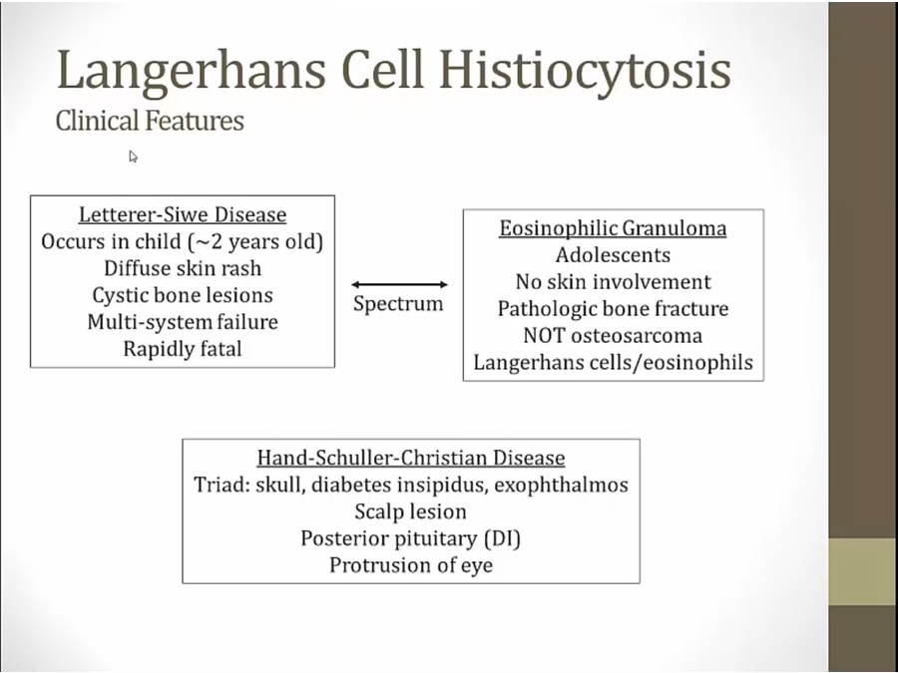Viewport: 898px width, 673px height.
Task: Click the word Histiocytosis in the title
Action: (x=585, y=71)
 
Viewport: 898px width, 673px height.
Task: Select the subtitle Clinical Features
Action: (x=150, y=121)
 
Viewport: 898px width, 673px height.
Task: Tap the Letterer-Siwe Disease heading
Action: (x=183, y=214)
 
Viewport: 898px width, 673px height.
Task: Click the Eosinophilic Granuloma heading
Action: (x=613, y=228)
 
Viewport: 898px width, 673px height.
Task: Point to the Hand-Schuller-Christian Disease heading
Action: (x=411, y=458)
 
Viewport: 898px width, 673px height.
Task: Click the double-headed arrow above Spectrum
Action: (x=399, y=284)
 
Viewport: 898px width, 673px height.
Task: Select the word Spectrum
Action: (x=398, y=304)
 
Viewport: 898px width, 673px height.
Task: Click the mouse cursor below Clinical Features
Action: (x=133, y=156)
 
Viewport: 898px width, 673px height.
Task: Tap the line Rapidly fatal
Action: (x=183, y=349)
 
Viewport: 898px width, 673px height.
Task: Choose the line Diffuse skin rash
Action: (x=183, y=268)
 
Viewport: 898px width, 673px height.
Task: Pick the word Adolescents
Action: (x=613, y=255)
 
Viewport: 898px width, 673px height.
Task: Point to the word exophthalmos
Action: (x=561, y=486)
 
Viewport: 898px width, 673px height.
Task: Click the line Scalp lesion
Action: (x=411, y=511)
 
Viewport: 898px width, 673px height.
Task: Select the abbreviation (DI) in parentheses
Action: (x=502, y=538)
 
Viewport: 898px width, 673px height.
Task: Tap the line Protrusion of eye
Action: (x=411, y=565)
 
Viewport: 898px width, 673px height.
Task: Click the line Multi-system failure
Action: (x=183, y=322)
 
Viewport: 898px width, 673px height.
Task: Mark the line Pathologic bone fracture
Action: (x=613, y=309)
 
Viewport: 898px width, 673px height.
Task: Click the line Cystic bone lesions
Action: (x=183, y=295)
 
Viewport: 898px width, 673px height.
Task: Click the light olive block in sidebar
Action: (x=863, y=571)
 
